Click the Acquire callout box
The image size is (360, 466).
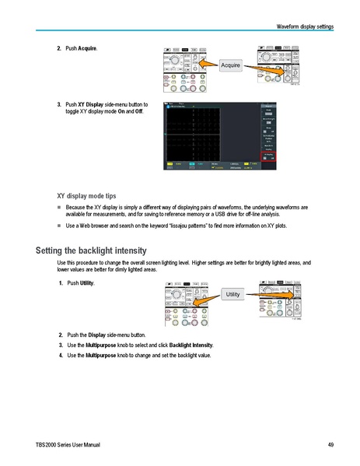230,65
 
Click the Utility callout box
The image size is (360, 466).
232,294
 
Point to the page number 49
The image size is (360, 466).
330,444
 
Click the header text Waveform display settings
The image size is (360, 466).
305,27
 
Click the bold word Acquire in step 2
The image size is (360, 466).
88,48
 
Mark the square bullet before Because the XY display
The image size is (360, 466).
59,208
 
